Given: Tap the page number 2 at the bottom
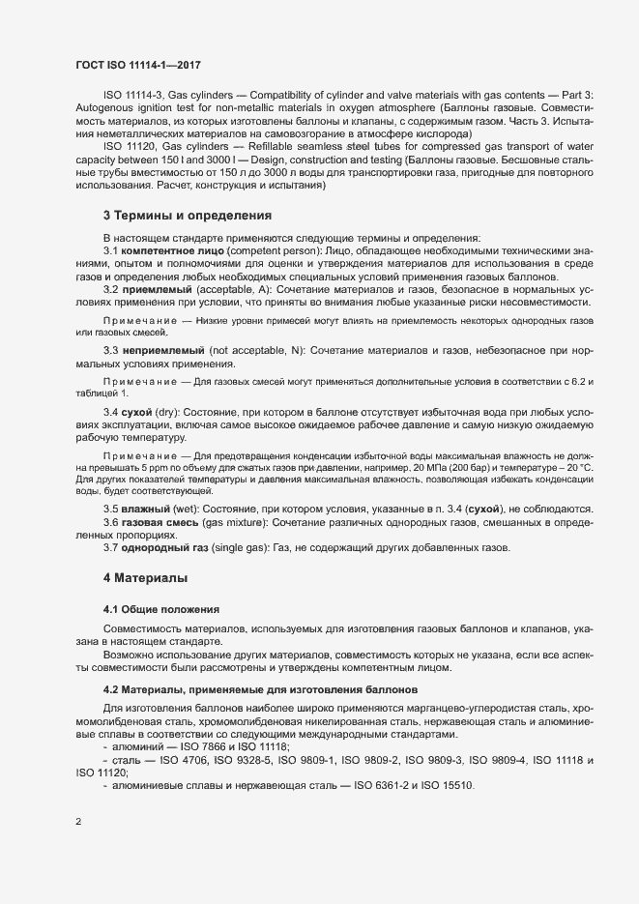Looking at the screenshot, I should click(78, 823).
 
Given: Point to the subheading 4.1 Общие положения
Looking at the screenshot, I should click(161, 609).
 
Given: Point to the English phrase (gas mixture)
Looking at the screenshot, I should click(234, 522).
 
